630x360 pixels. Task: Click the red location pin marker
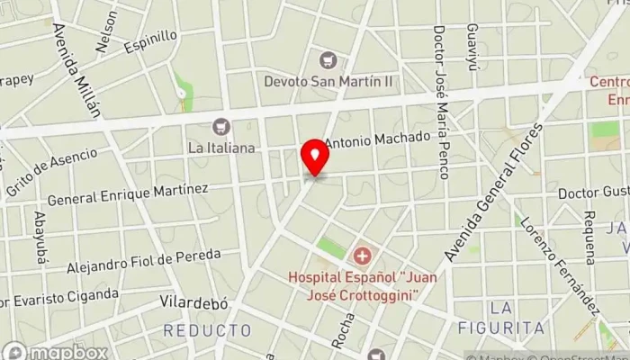click(x=315, y=157)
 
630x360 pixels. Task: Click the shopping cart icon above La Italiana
click(x=221, y=128)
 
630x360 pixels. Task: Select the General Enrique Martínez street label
click(x=128, y=193)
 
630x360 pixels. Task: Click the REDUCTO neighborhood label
click(x=208, y=330)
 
